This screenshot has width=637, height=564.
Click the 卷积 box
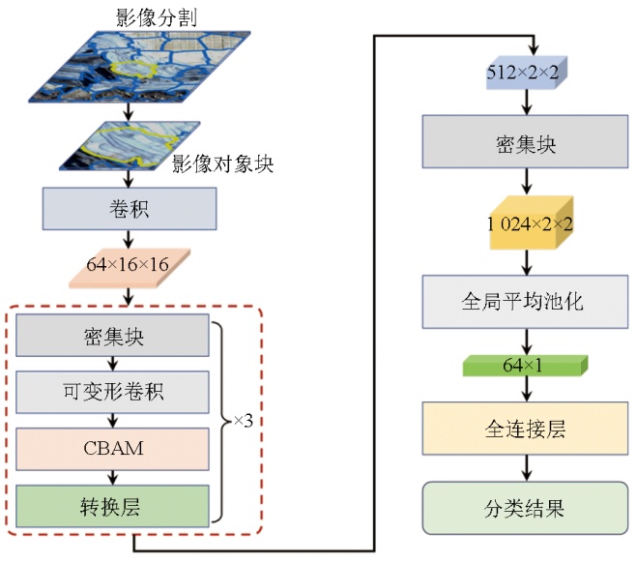coord(129,209)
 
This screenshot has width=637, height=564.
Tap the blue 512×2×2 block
coord(526,71)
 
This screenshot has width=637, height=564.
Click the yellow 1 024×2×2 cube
coord(530,223)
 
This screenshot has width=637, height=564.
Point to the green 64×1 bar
coord(526,366)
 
